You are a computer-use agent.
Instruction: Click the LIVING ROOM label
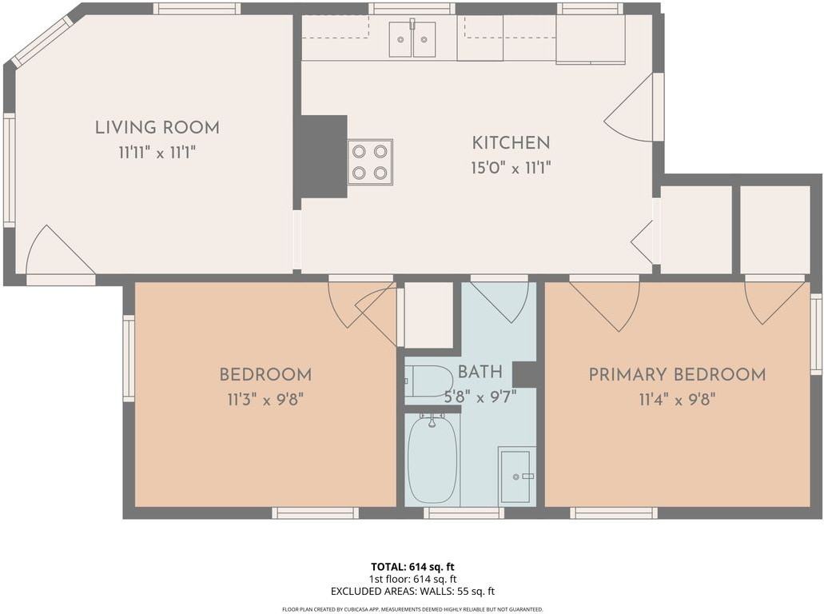[157, 127]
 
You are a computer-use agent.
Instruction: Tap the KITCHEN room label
[511, 143]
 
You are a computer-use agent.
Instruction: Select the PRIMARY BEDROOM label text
[677, 375]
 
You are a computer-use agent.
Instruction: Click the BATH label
[480, 372]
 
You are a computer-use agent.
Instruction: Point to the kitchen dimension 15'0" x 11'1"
[511, 169]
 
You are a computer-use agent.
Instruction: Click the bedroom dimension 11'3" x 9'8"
[265, 399]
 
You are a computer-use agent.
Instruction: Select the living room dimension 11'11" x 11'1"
[157, 153]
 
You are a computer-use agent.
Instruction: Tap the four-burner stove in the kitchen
[370, 162]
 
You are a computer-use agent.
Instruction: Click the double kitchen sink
[412, 39]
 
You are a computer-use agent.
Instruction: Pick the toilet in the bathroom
[428, 381]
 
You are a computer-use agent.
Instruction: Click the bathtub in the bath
[432, 459]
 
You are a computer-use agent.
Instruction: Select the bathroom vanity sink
[516, 476]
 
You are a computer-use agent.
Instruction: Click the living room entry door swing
[58, 254]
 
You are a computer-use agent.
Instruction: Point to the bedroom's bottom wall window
[315, 512]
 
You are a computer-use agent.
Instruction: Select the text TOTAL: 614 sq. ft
[412, 567]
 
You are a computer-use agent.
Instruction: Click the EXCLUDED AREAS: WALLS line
[412, 592]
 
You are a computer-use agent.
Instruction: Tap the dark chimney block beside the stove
[323, 156]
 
